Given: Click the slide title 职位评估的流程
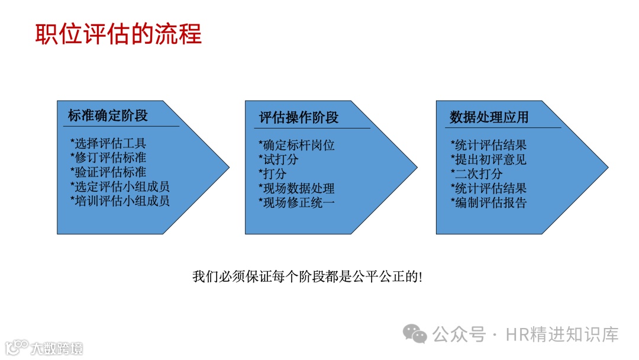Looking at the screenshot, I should pos(118,34).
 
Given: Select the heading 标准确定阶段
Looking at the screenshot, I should pos(108,116).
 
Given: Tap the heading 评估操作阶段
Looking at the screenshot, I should pos(299,118).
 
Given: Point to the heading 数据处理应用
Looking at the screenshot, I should pos(489,118).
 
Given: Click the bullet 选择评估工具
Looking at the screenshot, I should pos(108,143).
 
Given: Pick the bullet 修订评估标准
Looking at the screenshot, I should pos(108,157).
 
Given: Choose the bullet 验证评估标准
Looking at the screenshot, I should pos(108,172).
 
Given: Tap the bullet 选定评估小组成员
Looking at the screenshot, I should pos(120,187).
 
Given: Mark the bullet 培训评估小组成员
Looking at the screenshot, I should pos(120,201).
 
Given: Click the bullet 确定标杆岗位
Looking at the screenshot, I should pos(296,145).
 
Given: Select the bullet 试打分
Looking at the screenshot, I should pos(279,159).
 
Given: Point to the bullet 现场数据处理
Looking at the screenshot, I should pos(296,188).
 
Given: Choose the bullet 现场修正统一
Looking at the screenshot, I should pos(296,202).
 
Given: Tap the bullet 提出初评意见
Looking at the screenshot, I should pos(488,159).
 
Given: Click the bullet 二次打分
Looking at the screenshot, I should pos(476,174).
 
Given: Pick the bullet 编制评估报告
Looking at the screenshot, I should pos(488,203).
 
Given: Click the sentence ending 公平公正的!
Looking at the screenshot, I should pos(308,277).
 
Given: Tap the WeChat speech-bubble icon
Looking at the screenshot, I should pos(415,334).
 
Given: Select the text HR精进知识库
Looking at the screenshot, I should pos(562,335).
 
